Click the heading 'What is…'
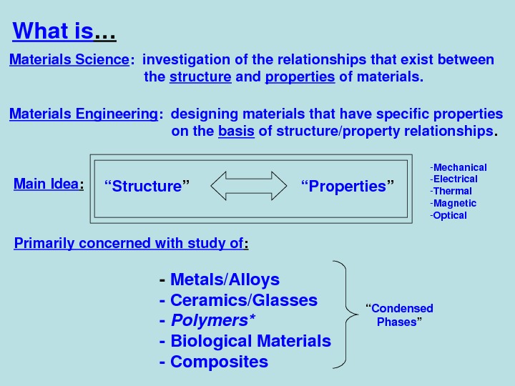[x=64, y=32]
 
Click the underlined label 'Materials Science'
[x=69, y=60]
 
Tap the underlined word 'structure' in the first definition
[x=200, y=77]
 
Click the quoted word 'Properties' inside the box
[x=348, y=187]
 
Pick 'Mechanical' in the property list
[x=459, y=167]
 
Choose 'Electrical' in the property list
[x=455, y=179]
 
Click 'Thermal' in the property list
[x=452, y=191]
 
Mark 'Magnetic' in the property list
[x=454, y=203]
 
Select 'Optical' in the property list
[x=449, y=215]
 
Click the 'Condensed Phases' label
[x=399, y=315]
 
